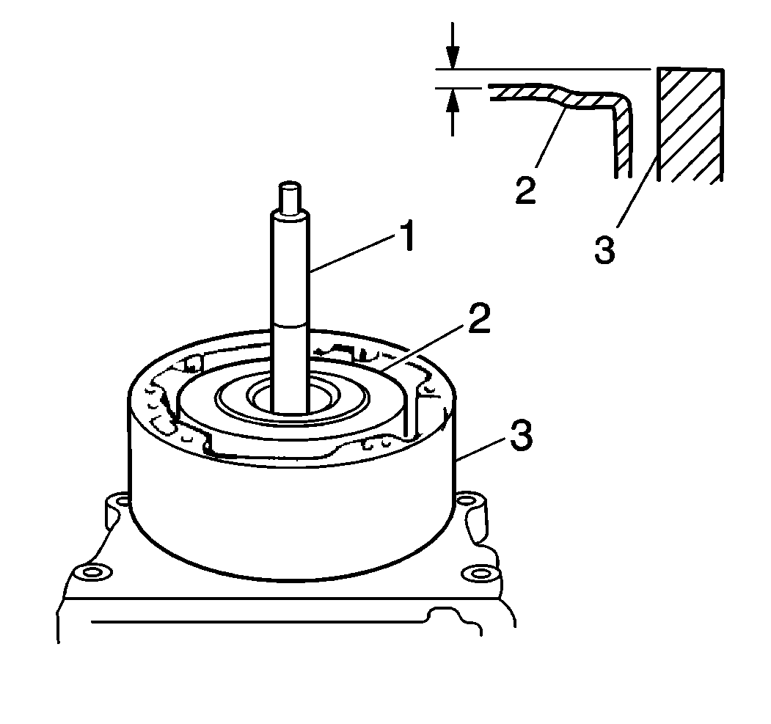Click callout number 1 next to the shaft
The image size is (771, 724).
coord(407,237)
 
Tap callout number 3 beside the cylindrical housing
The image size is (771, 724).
coord(521,435)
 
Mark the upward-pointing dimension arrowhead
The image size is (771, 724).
coord(453,100)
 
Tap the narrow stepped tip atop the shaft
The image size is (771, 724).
coord(289,197)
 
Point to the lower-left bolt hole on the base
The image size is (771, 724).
coord(92,572)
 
